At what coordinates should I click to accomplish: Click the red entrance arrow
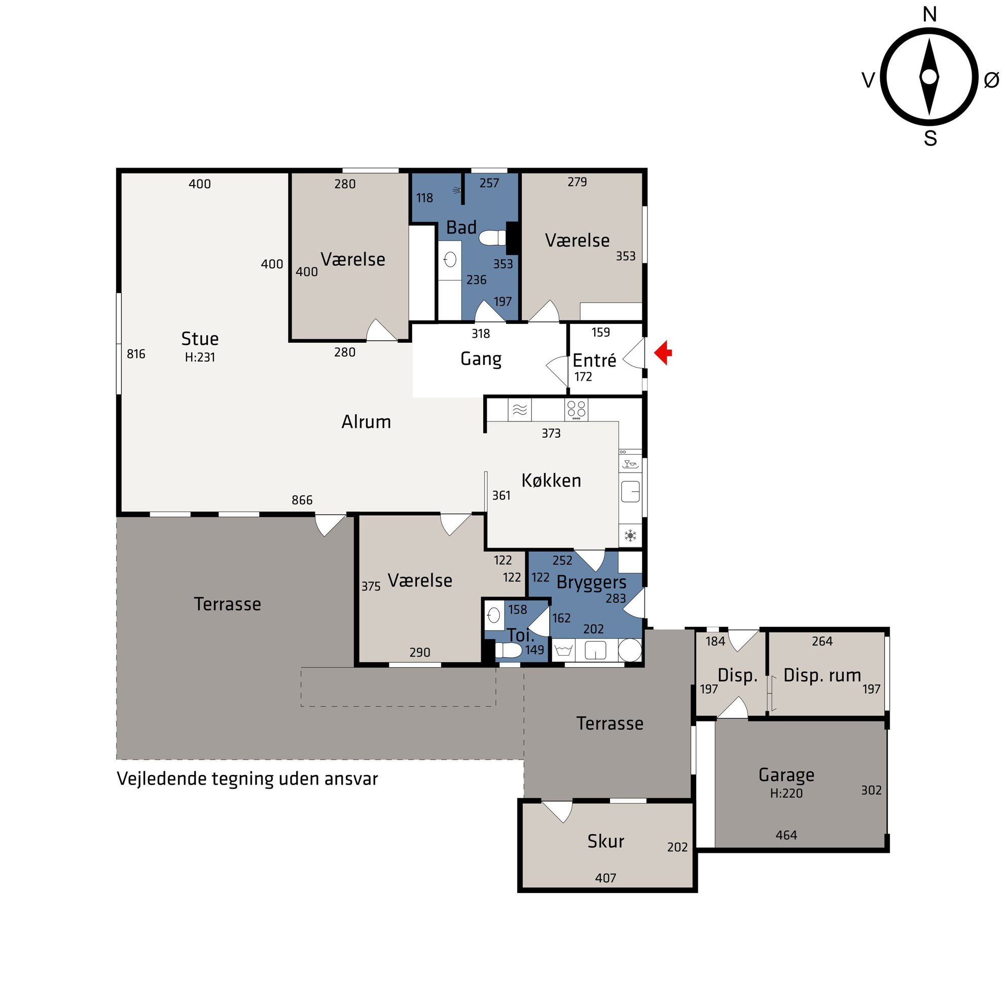tap(663, 353)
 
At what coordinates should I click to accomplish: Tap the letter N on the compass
tap(929, 15)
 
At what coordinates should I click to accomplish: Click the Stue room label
tap(200, 339)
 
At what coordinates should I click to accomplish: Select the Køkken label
tap(552, 480)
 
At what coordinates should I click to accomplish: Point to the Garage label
tap(786, 775)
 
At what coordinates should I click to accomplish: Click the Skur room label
tap(605, 841)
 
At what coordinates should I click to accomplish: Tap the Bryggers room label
tap(592, 583)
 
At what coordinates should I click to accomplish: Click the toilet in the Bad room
tap(492, 238)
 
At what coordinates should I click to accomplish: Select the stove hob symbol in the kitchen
tap(577, 410)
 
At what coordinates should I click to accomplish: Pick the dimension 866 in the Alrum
tap(302, 500)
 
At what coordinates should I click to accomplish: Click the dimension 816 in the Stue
tap(136, 354)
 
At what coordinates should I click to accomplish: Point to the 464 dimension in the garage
tap(786, 835)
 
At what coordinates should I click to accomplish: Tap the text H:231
tap(200, 357)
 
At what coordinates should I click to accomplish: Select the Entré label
tap(594, 360)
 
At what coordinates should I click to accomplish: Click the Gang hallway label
tap(481, 360)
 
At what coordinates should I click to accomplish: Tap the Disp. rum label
tap(822, 675)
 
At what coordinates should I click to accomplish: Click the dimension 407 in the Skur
tap(605, 878)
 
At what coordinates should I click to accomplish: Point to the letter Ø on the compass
tap(991, 80)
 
